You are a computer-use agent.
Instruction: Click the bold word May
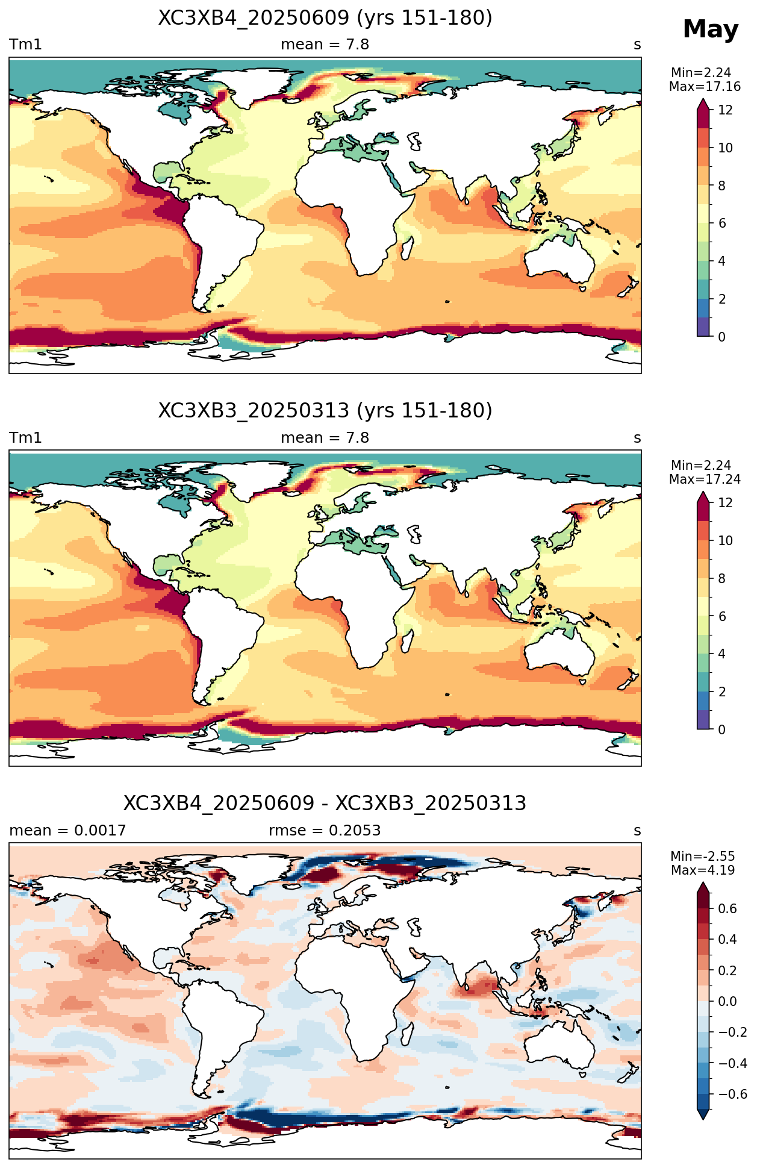coord(710,30)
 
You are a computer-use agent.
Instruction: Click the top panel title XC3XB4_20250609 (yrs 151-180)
coord(325,18)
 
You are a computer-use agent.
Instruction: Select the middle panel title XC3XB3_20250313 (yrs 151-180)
coord(325,411)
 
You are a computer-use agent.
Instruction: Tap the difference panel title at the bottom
coord(325,804)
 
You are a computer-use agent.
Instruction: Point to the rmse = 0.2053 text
coord(325,831)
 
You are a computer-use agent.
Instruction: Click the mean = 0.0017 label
coord(67,831)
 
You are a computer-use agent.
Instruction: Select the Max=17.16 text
coord(705,87)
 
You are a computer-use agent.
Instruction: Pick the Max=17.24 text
coord(705,479)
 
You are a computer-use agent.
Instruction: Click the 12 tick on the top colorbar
coord(726,110)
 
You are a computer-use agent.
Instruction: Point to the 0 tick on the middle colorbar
coord(722,729)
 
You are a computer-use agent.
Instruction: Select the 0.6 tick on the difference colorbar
coord(727,908)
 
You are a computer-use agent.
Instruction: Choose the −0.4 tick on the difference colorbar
coord(732,1063)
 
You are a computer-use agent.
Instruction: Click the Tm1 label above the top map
coord(25,45)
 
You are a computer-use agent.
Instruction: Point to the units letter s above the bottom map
coord(637,831)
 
